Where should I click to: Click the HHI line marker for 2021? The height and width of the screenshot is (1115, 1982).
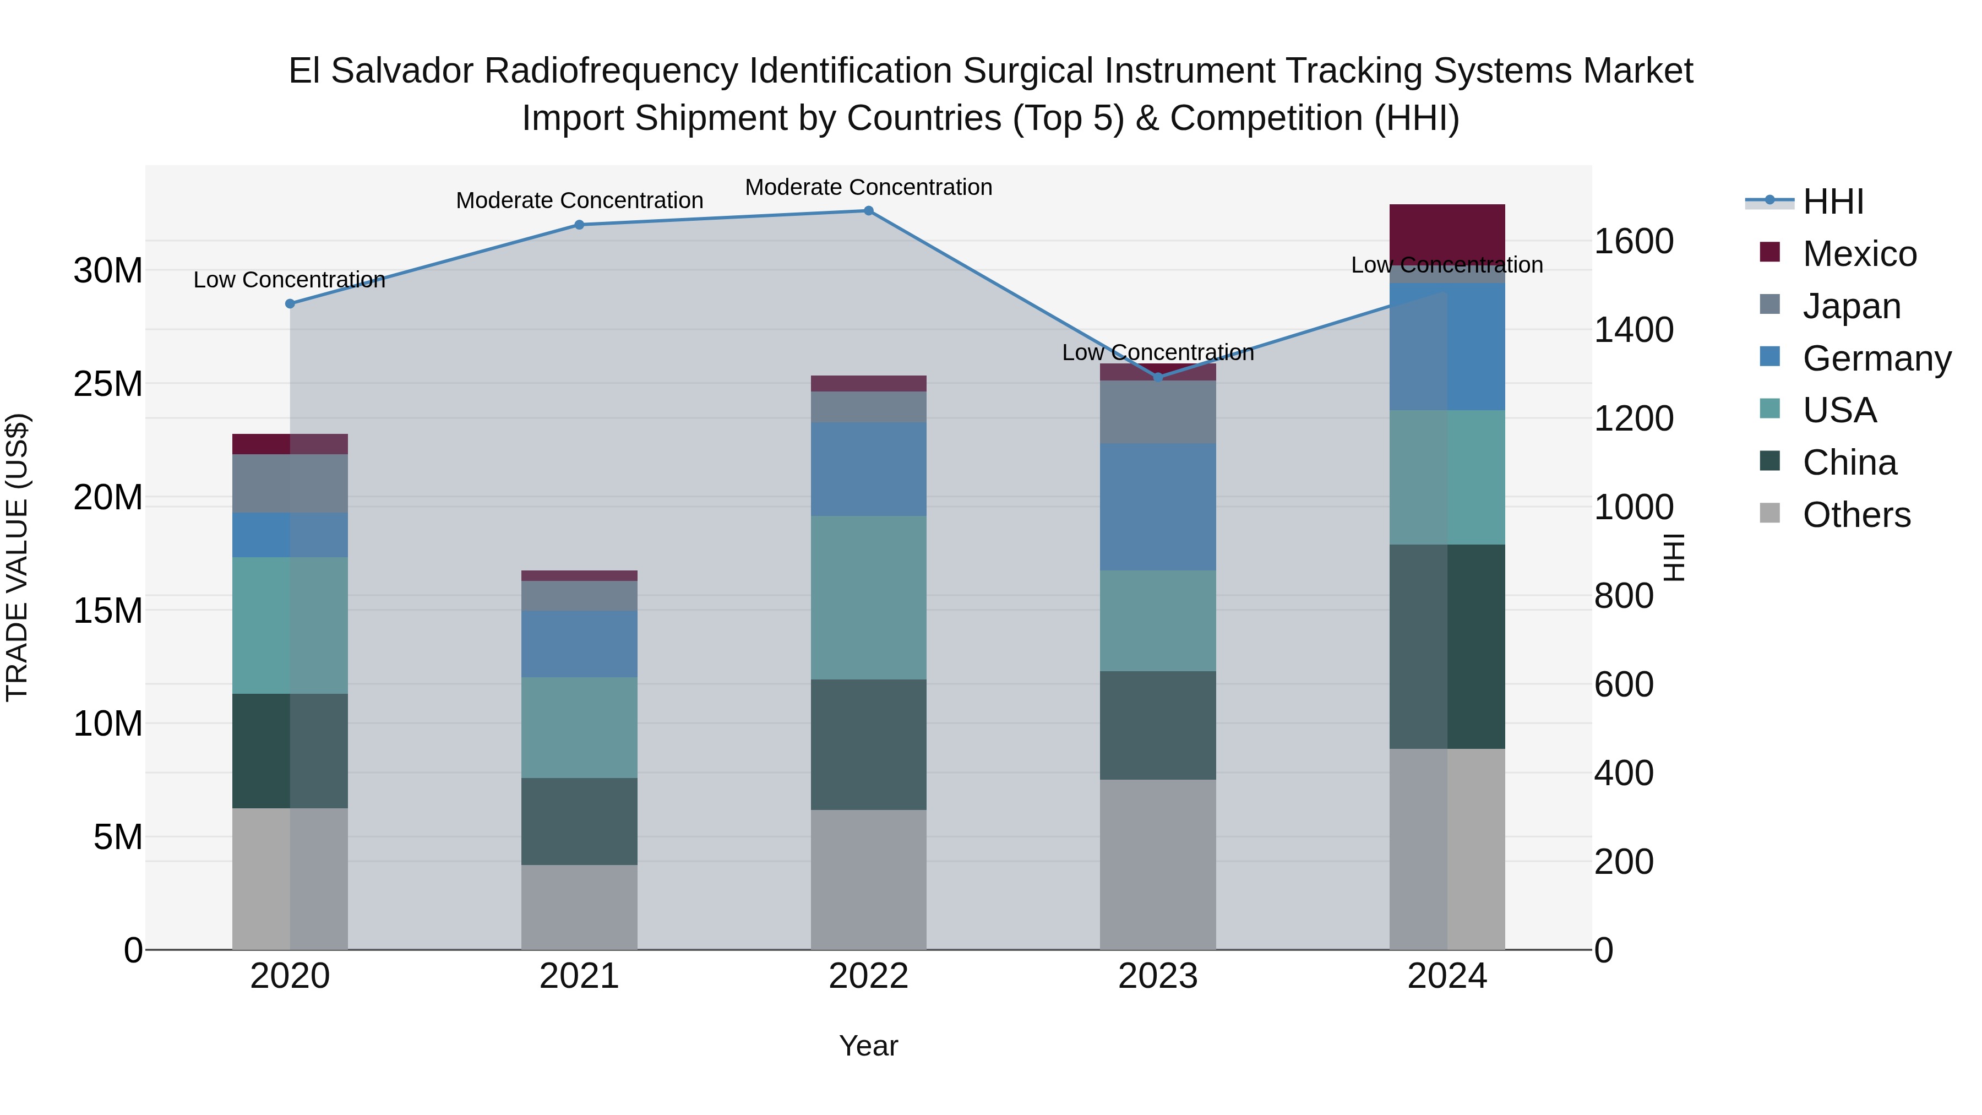coord(579,225)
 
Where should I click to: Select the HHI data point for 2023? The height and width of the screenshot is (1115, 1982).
coord(1158,377)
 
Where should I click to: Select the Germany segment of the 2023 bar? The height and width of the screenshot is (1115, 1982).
coord(1158,507)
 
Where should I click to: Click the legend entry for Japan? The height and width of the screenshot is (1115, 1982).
coord(1851,306)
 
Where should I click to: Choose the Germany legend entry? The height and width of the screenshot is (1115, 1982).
coord(1876,358)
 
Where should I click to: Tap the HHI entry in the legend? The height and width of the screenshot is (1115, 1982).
coord(1833,202)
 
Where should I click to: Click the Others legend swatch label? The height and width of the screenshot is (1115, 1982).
coord(1856,515)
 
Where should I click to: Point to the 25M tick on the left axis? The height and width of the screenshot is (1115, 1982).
coord(108,383)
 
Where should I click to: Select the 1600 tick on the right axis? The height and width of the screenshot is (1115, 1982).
coord(1633,241)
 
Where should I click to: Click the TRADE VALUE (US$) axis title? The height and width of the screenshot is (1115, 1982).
coord(17,557)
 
